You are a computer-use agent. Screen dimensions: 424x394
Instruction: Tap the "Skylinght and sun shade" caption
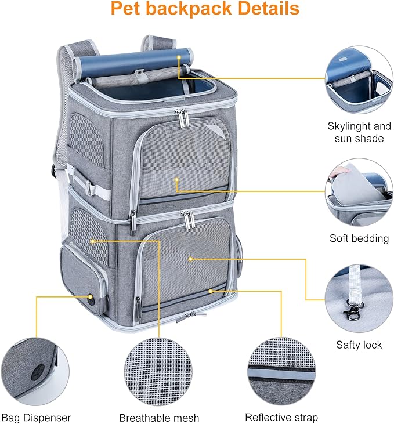359,132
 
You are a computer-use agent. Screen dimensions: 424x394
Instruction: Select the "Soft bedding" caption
359,238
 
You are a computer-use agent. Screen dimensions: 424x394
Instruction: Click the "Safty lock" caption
359,345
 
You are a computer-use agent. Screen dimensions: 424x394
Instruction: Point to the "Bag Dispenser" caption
36,417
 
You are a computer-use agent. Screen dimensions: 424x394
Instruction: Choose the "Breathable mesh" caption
159,418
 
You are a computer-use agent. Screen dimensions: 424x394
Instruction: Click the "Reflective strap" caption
281,417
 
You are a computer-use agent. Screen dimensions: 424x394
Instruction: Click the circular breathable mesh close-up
158,371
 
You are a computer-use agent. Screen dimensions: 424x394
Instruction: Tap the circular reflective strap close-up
281,371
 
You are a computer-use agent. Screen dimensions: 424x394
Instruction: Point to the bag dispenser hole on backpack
91,299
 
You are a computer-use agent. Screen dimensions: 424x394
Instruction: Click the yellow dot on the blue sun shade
179,58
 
